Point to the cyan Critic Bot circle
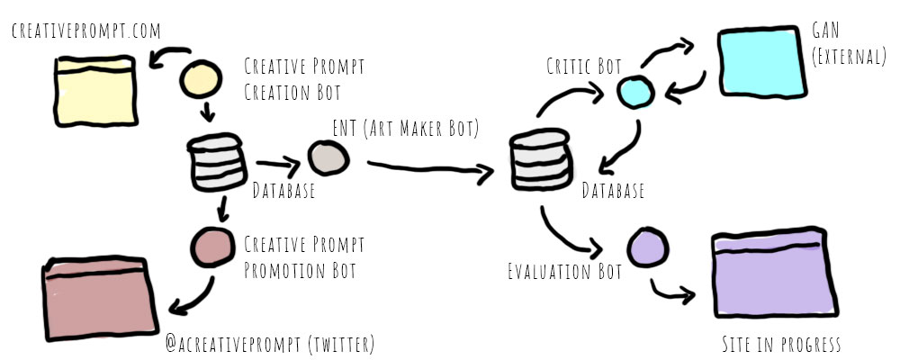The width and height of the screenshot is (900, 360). click(x=634, y=90)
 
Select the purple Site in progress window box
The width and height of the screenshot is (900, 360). click(x=770, y=273)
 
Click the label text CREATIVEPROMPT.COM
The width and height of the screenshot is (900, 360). click(x=85, y=32)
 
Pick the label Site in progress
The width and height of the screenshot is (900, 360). click(x=781, y=345)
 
